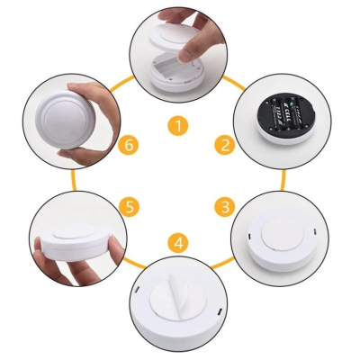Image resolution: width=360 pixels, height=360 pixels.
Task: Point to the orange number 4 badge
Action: (179, 241)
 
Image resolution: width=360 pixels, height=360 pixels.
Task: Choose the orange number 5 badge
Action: (131, 207)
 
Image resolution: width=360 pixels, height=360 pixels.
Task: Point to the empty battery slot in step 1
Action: (166, 67)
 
